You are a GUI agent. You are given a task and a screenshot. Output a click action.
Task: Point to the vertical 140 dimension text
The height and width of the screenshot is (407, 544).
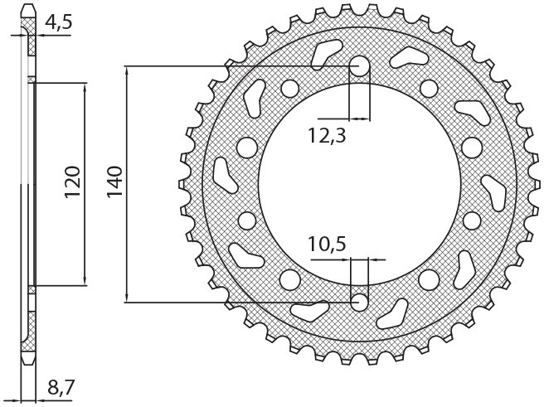114,182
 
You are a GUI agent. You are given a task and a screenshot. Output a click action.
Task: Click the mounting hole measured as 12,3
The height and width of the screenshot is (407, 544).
360,66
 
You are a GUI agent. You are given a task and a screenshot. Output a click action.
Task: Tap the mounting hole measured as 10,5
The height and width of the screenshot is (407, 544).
360,301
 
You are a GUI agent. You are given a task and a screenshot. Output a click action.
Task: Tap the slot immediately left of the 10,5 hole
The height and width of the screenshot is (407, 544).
312,312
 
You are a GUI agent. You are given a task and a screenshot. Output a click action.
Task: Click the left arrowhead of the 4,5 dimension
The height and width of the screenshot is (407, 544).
21,36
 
